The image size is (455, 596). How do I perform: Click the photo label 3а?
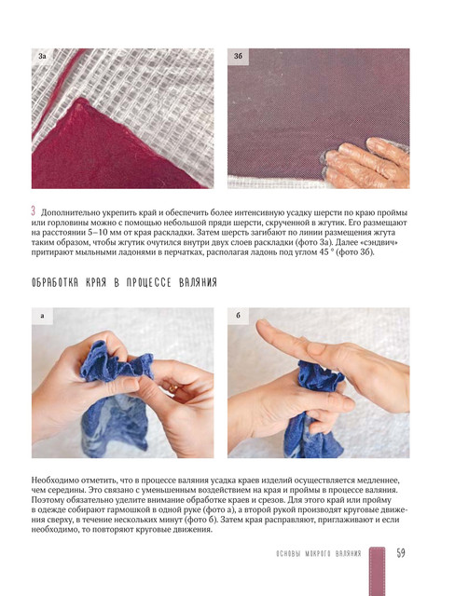(x=42, y=56)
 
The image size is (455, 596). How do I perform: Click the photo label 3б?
(x=238, y=56)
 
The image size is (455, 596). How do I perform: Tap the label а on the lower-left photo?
(x=42, y=316)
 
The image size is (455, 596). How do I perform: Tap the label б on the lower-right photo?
(x=238, y=316)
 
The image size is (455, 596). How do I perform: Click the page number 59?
(x=401, y=552)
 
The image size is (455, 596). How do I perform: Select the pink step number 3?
(x=34, y=211)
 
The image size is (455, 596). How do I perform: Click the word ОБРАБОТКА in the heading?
(x=55, y=282)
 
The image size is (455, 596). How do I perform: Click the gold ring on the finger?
(x=173, y=389)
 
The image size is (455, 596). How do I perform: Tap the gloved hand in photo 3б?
(x=366, y=164)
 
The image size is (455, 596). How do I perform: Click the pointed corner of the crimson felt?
(x=80, y=100)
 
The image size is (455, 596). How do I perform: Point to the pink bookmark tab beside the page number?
(x=377, y=571)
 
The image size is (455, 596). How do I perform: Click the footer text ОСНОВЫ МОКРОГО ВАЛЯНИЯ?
(x=319, y=553)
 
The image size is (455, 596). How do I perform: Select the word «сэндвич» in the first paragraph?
(x=383, y=242)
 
